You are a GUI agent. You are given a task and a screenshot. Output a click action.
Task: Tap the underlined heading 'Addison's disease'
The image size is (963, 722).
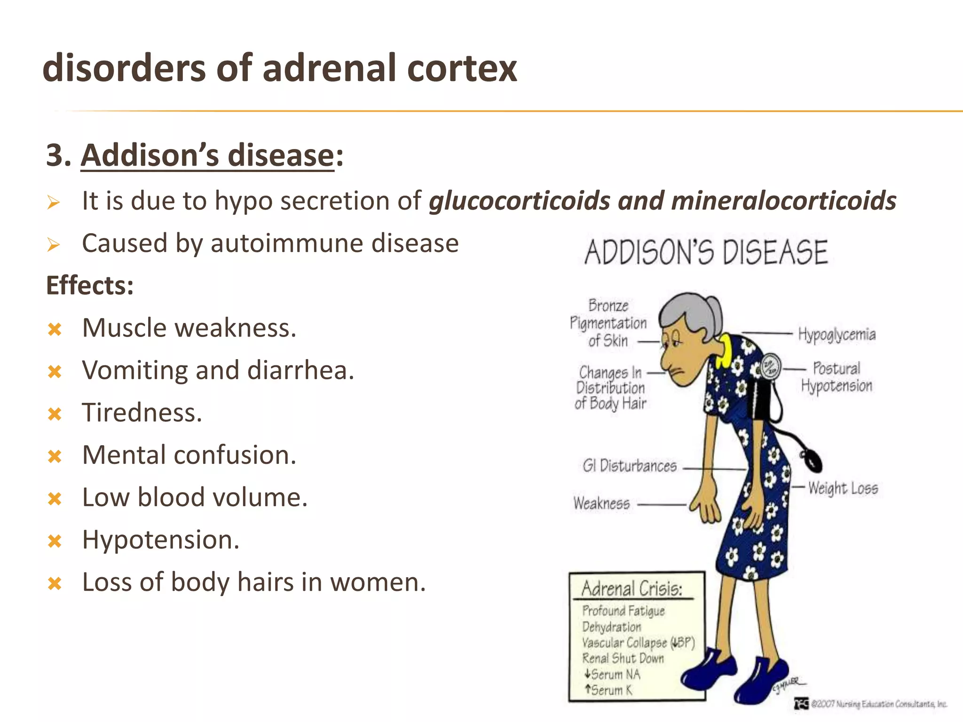(x=207, y=155)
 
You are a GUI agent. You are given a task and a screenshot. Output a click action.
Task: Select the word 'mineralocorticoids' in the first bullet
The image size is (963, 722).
(x=783, y=201)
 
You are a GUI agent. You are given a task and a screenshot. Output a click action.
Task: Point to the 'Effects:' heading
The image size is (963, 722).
(x=90, y=285)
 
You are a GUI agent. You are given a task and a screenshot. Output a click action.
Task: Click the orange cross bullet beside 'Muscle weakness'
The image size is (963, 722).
(x=55, y=329)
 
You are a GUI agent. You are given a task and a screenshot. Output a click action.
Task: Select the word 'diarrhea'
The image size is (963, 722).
(x=300, y=370)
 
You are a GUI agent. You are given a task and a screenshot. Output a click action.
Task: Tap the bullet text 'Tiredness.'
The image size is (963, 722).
(x=142, y=413)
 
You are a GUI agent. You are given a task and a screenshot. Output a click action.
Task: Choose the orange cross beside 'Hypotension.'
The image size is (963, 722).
(x=55, y=541)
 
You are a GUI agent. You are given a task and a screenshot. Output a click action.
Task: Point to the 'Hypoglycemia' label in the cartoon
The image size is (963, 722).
(x=837, y=334)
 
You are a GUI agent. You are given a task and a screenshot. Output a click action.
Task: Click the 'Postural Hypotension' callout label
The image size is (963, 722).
(x=837, y=377)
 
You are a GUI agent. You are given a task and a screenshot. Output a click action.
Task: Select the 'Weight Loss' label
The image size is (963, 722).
(x=843, y=488)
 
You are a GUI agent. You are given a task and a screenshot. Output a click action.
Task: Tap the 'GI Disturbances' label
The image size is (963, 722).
(x=630, y=466)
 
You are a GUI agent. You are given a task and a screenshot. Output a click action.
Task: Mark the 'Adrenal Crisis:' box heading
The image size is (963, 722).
(x=631, y=589)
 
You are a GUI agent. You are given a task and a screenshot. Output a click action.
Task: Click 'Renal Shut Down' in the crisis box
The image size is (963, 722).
(x=623, y=658)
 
